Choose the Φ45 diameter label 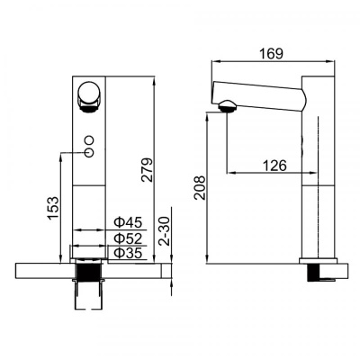127,221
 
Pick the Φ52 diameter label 127,238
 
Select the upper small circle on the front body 89,139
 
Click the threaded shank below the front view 88,275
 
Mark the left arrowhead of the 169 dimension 212,60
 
